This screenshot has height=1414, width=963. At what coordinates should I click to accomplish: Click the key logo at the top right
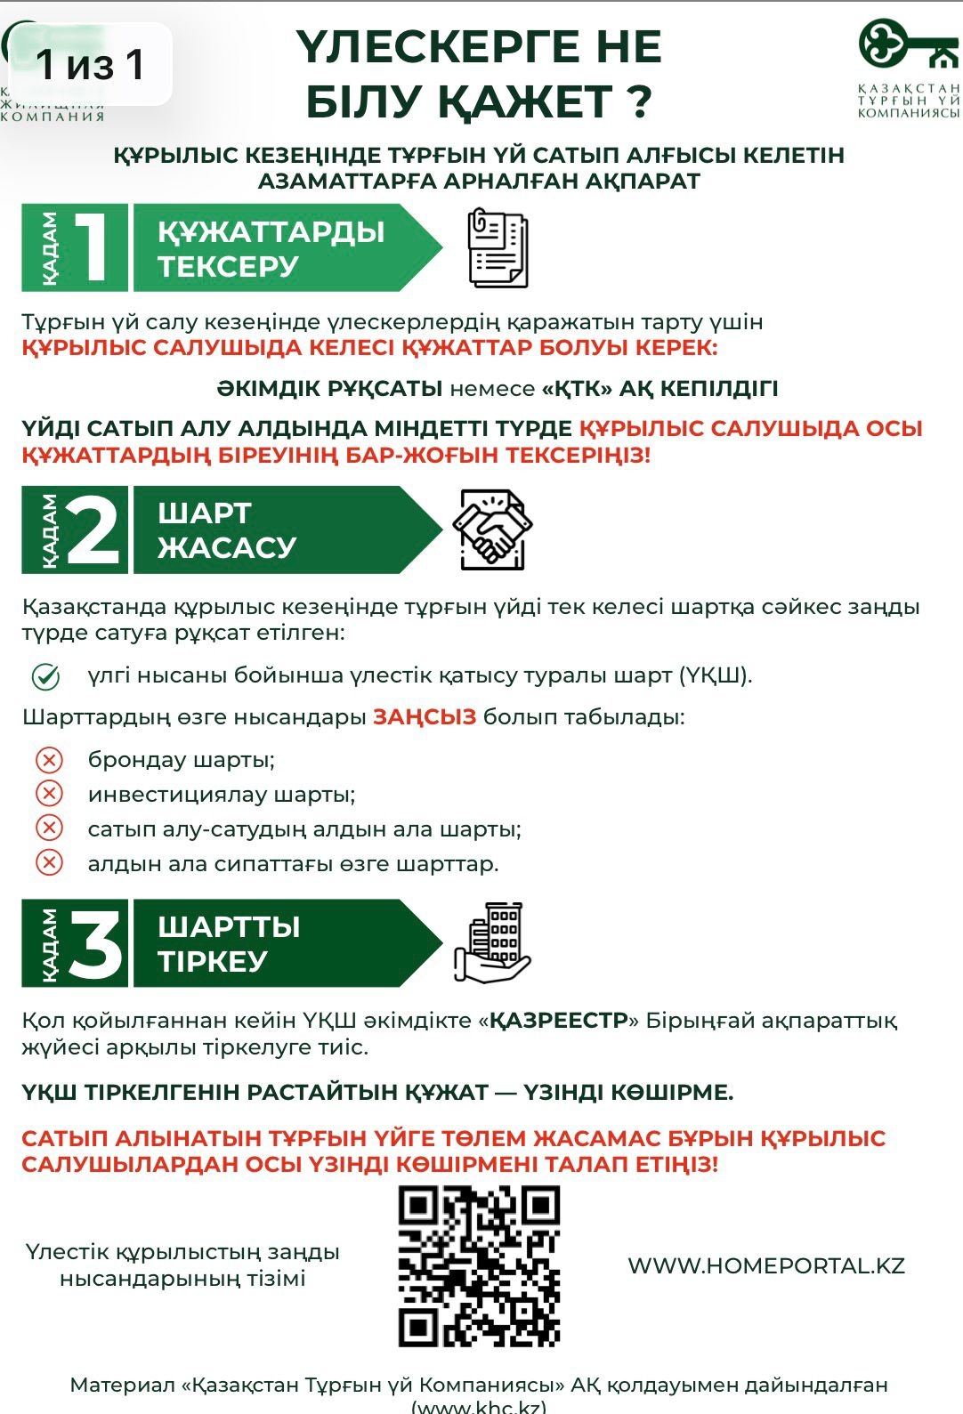point(907,45)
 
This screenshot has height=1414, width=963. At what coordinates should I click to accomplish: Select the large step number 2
point(93,529)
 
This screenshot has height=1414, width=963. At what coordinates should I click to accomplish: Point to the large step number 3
point(95,943)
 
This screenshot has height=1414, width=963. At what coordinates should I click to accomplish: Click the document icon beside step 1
point(498,248)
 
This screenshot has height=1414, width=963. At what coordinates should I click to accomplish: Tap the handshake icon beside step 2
point(492,529)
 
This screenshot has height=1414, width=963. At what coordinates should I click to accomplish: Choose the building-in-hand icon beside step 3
point(492,943)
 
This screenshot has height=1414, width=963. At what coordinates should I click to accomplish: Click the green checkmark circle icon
point(46,677)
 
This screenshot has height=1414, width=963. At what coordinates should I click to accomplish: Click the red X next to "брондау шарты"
point(49,760)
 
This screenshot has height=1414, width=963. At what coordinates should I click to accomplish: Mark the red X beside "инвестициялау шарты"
point(49,794)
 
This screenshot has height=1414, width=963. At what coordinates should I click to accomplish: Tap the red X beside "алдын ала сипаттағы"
point(49,863)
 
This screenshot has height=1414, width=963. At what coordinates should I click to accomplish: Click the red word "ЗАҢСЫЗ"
point(425,717)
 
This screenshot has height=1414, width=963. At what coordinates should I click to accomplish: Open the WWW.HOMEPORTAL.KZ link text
point(766,1266)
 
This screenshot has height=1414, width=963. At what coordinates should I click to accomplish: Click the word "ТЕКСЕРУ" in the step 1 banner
point(228,266)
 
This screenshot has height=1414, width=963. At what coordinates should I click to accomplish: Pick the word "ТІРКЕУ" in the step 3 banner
point(212,961)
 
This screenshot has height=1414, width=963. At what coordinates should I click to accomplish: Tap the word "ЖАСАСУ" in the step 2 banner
point(227,547)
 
